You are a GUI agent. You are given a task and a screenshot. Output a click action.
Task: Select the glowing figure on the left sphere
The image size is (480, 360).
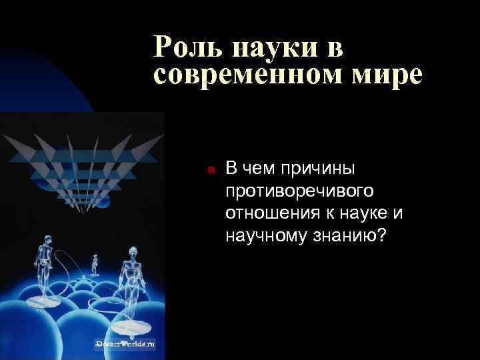pos(43,267)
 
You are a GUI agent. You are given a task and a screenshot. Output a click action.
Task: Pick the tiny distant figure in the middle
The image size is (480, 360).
pos(95,263)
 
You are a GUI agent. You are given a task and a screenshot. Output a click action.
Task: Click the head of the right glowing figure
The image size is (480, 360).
pos(131,251)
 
